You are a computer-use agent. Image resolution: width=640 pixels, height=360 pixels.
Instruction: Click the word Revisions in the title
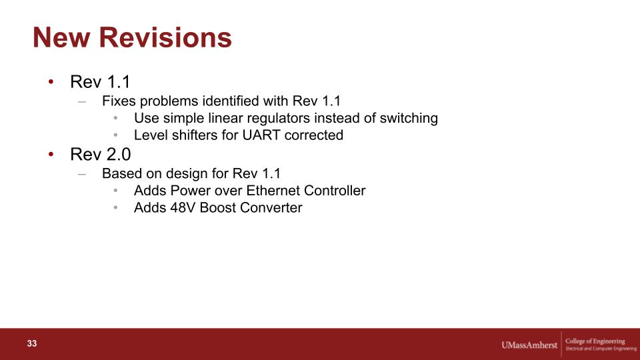click(165, 37)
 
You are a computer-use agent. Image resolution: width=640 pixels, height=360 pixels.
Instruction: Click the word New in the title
click(61, 37)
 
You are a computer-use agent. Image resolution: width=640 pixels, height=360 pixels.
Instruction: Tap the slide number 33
click(32, 344)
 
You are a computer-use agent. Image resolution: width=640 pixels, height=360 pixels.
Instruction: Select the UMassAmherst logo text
click(529, 345)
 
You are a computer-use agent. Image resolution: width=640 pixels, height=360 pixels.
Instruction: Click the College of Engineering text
click(595, 341)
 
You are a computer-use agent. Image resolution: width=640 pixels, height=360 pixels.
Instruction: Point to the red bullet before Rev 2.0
click(51, 154)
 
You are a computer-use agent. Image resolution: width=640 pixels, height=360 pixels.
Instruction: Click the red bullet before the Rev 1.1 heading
click(51, 81)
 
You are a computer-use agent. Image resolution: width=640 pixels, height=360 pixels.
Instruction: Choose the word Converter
click(271, 208)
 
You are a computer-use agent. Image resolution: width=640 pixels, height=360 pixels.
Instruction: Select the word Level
click(149, 135)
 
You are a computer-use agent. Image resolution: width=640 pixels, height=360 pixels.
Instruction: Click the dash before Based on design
click(82, 174)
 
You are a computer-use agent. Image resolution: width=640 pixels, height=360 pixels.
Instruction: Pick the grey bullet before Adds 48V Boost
click(116, 208)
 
